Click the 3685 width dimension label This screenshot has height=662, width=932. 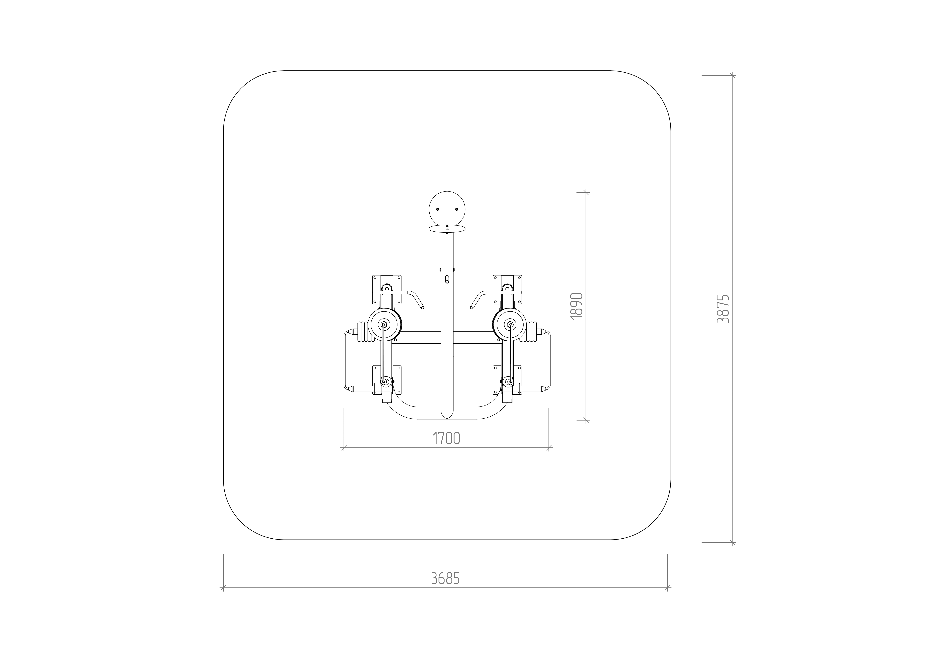tap(446, 578)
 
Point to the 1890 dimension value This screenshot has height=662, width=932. tap(577, 306)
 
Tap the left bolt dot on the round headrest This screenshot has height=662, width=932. tap(438, 209)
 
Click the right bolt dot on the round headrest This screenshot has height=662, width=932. tap(457, 209)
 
